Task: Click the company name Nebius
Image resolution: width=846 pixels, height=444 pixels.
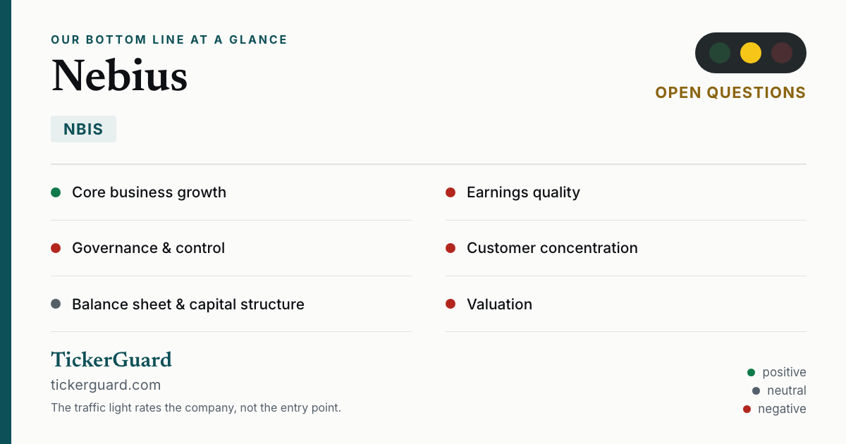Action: pos(119,75)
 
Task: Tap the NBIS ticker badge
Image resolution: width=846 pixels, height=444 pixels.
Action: pos(83,129)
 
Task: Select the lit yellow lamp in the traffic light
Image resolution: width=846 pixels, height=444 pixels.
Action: pos(750,53)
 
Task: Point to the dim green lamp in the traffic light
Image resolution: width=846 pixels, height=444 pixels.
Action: pos(720,53)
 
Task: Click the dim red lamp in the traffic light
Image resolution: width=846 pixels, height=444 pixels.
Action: pos(781,53)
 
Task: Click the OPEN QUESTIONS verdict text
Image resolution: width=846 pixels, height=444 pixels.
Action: pos(730,93)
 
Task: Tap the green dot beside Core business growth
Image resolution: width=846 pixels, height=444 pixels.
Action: pos(56,192)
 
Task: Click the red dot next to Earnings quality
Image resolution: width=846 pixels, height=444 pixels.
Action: pos(450,192)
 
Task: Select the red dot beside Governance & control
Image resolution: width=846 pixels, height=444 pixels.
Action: pos(56,248)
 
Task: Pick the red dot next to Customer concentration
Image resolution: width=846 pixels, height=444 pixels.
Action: pos(450,248)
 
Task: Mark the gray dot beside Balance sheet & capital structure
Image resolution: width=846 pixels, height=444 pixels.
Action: pos(56,304)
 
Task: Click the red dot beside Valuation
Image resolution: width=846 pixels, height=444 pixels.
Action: pos(450,304)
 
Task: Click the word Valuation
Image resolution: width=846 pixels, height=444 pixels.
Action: pos(499,304)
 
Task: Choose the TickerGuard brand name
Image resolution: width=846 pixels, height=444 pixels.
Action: pos(111,359)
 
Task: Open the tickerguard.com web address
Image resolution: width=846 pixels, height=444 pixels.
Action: pos(106,385)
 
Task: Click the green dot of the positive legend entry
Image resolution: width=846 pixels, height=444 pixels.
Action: pos(751,373)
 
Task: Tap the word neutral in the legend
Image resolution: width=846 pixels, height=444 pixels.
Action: pos(786,390)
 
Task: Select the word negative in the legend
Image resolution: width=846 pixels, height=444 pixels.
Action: pos(782,409)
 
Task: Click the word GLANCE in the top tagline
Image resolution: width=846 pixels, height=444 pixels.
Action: pos(258,39)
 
